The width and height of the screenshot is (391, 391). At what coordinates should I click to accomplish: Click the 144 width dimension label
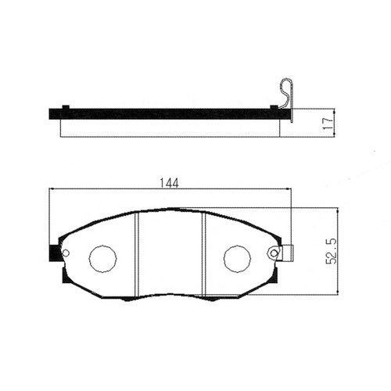(x=169, y=183)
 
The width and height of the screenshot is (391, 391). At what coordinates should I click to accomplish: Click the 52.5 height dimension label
(x=332, y=251)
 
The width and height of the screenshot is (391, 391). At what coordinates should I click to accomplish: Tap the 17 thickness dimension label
(x=328, y=123)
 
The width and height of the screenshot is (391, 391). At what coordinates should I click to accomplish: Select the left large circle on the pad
(x=102, y=259)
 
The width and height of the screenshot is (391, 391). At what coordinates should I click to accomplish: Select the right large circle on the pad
(x=237, y=259)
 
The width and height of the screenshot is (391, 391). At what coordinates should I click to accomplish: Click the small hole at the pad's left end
(x=66, y=253)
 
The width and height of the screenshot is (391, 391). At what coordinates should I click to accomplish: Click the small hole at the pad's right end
(x=274, y=253)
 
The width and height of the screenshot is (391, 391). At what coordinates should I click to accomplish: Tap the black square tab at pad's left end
(x=54, y=253)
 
